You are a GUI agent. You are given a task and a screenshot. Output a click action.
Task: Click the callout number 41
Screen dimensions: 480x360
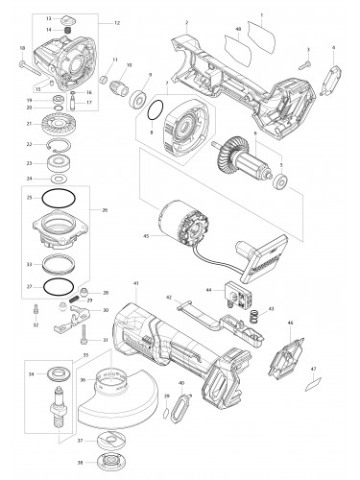[137, 284]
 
